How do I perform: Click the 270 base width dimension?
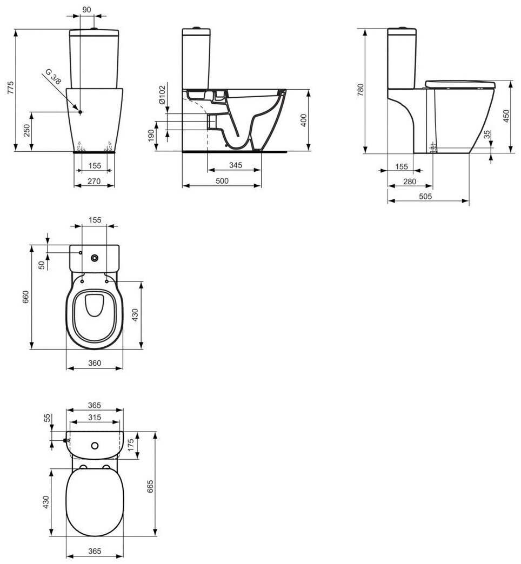(x=94, y=182)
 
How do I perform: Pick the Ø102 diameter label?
(x=161, y=95)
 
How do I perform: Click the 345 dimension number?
(x=234, y=165)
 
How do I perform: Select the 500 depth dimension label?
(x=222, y=182)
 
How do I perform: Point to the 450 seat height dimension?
(x=506, y=116)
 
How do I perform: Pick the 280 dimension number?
(x=410, y=182)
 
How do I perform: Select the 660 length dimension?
(x=25, y=297)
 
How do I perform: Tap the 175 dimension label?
(x=130, y=445)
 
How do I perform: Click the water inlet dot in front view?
(x=80, y=112)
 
